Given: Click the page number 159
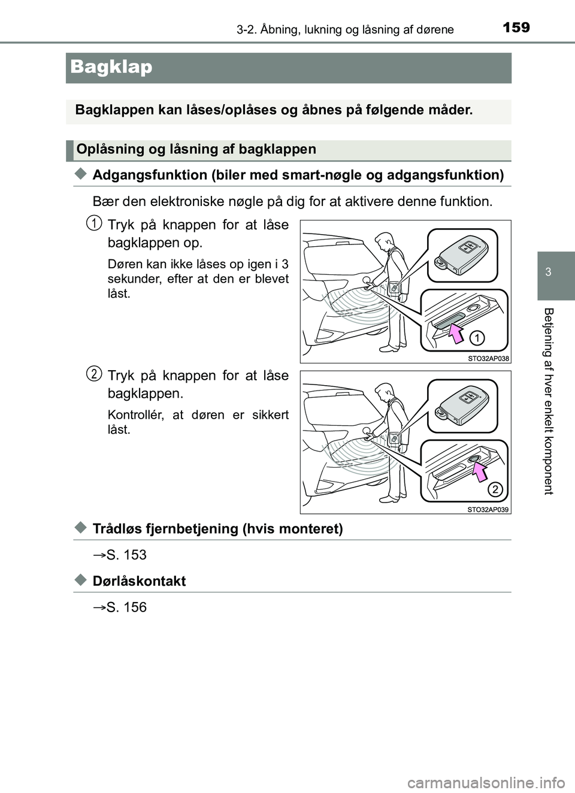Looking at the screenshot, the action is [x=516, y=28].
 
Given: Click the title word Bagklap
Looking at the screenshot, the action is [x=111, y=67].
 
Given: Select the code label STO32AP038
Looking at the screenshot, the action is [x=488, y=358].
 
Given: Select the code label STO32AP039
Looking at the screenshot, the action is [x=488, y=510].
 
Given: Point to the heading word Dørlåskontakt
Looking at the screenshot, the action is [x=139, y=582].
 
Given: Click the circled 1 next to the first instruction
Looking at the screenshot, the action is [x=94, y=223].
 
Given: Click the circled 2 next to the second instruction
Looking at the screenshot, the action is [x=94, y=374].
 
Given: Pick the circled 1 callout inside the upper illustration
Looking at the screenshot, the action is [x=477, y=338].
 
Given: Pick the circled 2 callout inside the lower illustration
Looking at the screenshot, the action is [x=495, y=489].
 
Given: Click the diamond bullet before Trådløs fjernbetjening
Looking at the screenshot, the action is [x=81, y=528].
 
